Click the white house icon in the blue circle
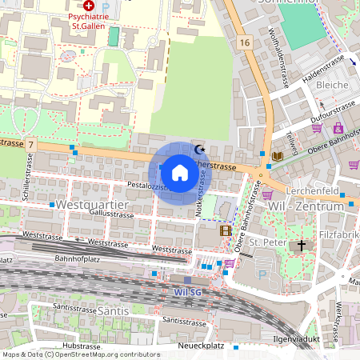point(180,172)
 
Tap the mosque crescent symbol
point(200,149)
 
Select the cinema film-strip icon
point(226,231)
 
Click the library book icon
point(277,155)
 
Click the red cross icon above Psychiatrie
point(88,4)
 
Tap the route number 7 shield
point(30,143)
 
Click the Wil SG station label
point(189,292)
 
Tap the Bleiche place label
point(333,84)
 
